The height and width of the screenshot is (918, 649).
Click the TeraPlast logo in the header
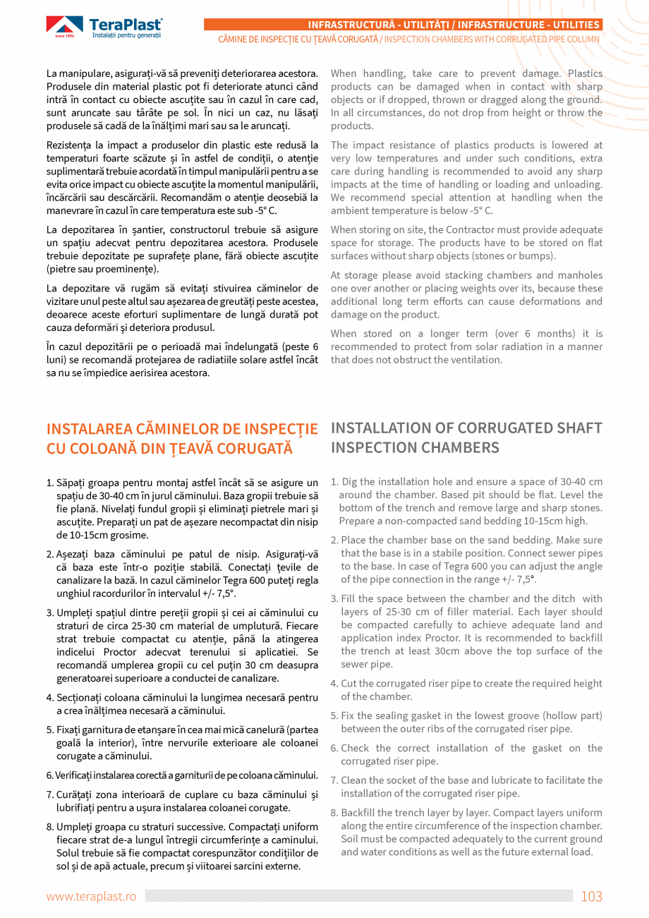[104, 27]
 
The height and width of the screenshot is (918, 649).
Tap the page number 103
[591, 896]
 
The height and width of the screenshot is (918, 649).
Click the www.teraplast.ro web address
[91, 896]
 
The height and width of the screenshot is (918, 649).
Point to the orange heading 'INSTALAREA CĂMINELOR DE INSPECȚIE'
[182, 429]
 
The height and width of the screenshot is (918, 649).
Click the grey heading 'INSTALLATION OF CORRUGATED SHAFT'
[466, 428]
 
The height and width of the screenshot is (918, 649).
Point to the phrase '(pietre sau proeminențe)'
[103, 269]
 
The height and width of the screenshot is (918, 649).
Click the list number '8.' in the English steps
[335, 813]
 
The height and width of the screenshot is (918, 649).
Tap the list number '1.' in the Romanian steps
[50, 483]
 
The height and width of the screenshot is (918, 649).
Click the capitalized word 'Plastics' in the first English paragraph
[585, 73]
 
